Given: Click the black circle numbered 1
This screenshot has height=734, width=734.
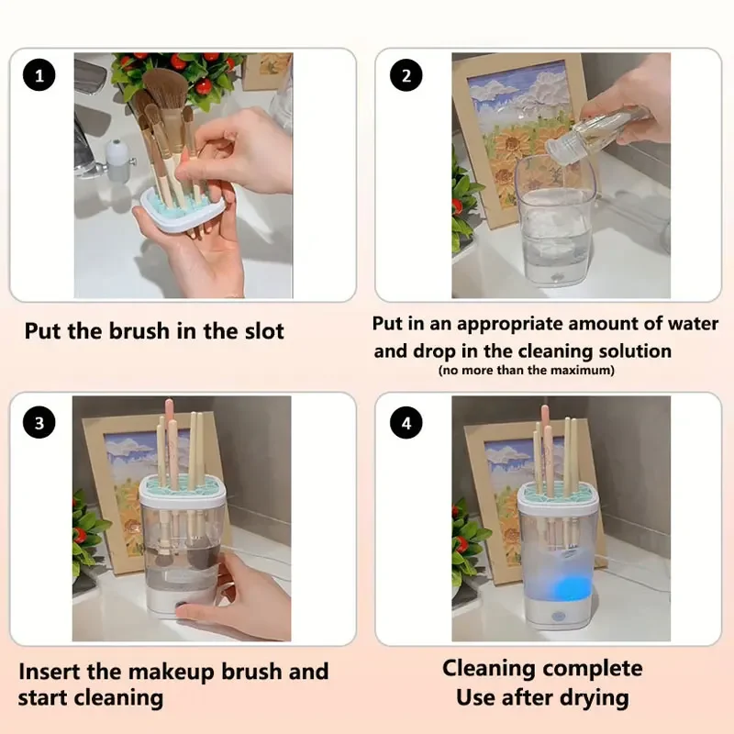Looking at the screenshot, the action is pos(39,75).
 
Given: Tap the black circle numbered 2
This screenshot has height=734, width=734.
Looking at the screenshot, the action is pos(406,75).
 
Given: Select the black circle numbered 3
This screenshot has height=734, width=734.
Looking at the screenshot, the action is pos(39,422).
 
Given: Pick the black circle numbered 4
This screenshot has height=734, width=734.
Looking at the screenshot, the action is pos(406,422).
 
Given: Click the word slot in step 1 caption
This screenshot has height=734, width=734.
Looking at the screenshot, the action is pos(264,331).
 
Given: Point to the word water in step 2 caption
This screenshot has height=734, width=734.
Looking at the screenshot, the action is pos(694,324).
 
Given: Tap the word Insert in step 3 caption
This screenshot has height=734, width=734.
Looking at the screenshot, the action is pos(50,672).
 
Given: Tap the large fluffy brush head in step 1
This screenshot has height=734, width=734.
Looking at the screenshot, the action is pos(165,89).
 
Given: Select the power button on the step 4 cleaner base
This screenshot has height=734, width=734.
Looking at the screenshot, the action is pos(557,617).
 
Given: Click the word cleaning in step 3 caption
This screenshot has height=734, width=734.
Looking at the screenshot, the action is pos(119,698).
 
